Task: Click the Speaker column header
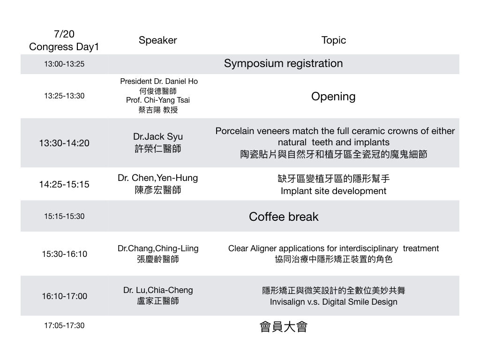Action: [x=157, y=40]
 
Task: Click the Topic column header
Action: [x=333, y=40]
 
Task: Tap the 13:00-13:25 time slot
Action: [x=64, y=64]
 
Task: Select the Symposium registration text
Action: [x=283, y=63]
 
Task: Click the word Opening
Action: [x=333, y=97]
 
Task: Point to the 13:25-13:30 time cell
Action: [x=64, y=96]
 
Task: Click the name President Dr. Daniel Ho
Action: [x=159, y=82]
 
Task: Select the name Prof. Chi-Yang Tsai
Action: [x=158, y=100]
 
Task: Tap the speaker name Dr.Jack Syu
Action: [x=158, y=136]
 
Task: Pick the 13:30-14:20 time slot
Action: [x=64, y=143]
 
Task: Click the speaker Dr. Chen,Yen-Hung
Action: [x=158, y=178]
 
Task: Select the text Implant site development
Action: [x=333, y=191]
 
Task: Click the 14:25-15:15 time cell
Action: [x=64, y=184]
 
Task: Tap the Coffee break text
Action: [x=284, y=217]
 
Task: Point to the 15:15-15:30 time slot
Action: [x=64, y=217]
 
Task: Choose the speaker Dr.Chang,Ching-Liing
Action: [x=158, y=248]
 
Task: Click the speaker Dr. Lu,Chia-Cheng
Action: [x=158, y=290]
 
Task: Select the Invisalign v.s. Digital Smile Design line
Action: [x=333, y=302]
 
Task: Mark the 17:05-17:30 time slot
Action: [x=64, y=325]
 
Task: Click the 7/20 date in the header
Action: [x=64, y=34]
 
